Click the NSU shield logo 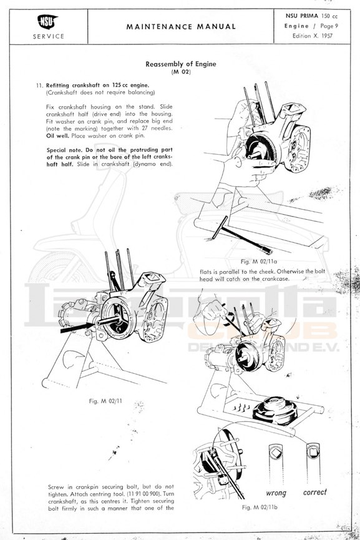(x=47, y=22)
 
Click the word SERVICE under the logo (x=49, y=36)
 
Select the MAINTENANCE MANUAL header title (x=181, y=26)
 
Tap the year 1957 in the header (x=328, y=36)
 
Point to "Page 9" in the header (x=329, y=26)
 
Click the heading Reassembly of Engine (x=181, y=64)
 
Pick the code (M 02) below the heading (x=181, y=72)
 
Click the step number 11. (x=39, y=85)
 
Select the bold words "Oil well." (x=57, y=135)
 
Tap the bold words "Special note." (x=64, y=150)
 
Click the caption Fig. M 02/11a (x=259, y=262)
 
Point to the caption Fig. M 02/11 (x=105, y=401)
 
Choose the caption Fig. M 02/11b (x=260, y=507)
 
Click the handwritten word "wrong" (x=276, y=493)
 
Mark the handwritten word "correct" (x=315, y=492)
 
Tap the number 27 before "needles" (x=145, y=129)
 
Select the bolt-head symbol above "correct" (x=313, y=451)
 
